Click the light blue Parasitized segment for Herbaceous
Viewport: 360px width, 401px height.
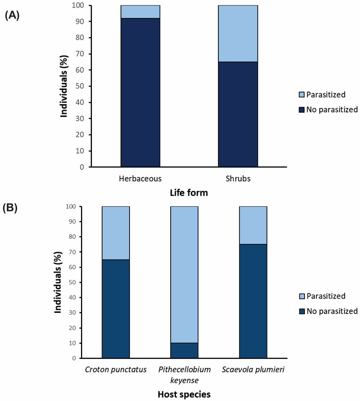pyautogui.click(x=140, y=12)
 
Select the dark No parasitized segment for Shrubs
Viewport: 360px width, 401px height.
pyautogui.click(x=238, y=114)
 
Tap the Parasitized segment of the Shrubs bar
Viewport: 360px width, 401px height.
pyautogui.click(x=238, y=34)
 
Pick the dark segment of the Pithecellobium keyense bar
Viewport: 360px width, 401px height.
pyautogui.click(x=184, y=351)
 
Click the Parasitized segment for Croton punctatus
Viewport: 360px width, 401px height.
pyautogui.click(x=116, y=233)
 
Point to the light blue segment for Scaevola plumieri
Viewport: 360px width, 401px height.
pyautogui.click(x=253, y=225)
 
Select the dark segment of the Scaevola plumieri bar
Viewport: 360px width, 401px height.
pyautogui.click(x=253, y=301)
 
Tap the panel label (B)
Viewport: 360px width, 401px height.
pyautogui.click(x=10, y=209)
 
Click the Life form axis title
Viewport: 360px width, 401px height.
pyautogui.click(x=189, y=193)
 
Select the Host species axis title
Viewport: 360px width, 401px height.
pyautogui.click(x=184, y=394)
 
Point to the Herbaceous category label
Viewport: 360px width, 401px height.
pyautogui.click(x=140, y=179)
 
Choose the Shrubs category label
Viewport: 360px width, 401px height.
pyautogui.click(x=238, y=179)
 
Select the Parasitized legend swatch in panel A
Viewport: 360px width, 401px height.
pyautogui.click(x=301, y=95)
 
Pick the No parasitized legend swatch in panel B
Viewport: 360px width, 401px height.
pyautogui.click(x=301, y=311)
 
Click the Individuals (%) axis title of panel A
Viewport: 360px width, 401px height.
pyautogui.click(x=64, y=86)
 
